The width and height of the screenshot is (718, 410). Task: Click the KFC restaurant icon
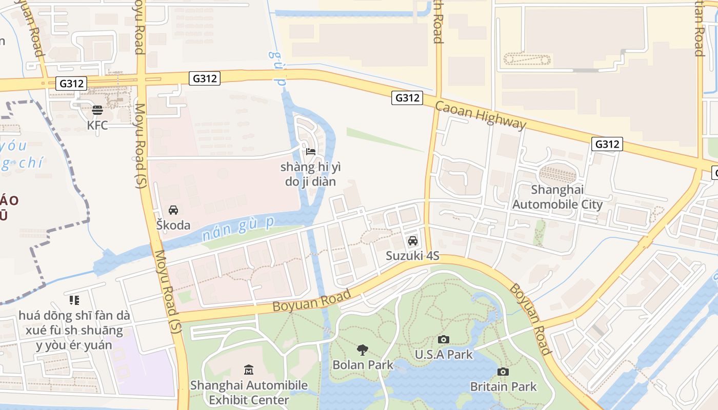click(97, 110)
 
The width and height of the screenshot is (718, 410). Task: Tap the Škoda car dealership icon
click(173, 210)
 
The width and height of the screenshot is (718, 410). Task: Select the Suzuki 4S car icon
click(412, 241)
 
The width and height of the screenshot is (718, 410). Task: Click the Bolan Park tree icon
click(363, 350)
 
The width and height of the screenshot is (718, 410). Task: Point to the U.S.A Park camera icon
click(444, 339)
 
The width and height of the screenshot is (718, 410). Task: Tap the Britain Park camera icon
click(503, 372)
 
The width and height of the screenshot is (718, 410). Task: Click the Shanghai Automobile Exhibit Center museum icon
click(249, 370)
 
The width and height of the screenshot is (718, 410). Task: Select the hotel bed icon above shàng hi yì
click(310, 151)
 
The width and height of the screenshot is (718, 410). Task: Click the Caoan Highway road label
click(481, 115)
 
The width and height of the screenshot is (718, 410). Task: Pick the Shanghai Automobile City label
click(557, 197)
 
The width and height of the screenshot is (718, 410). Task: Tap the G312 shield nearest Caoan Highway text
click(407, 97)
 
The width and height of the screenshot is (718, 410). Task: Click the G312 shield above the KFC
click(71, 84)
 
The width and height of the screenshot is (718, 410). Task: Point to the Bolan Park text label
click(363, 365)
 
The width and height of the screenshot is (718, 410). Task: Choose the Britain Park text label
click(503, 386)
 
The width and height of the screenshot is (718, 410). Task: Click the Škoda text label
click(173, 225)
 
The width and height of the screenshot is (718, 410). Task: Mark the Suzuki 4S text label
click(412, 256)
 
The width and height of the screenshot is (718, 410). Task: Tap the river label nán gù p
click(238, 229)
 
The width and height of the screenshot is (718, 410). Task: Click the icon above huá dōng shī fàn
click(74, 300)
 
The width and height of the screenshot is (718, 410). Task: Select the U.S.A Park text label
click(444, 354)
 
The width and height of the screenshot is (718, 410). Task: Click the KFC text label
click(97, 125)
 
